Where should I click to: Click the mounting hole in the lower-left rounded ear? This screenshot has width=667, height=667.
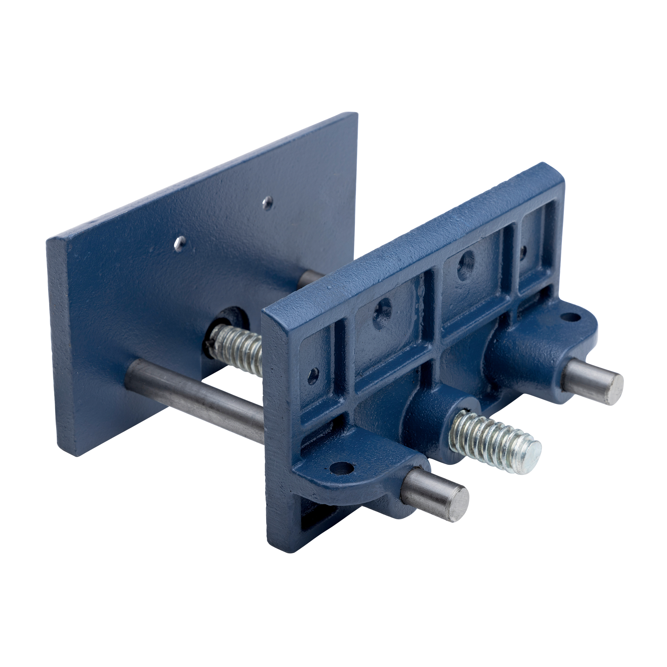coord(342,468)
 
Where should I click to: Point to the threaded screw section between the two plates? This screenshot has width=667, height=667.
coord(238,349)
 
